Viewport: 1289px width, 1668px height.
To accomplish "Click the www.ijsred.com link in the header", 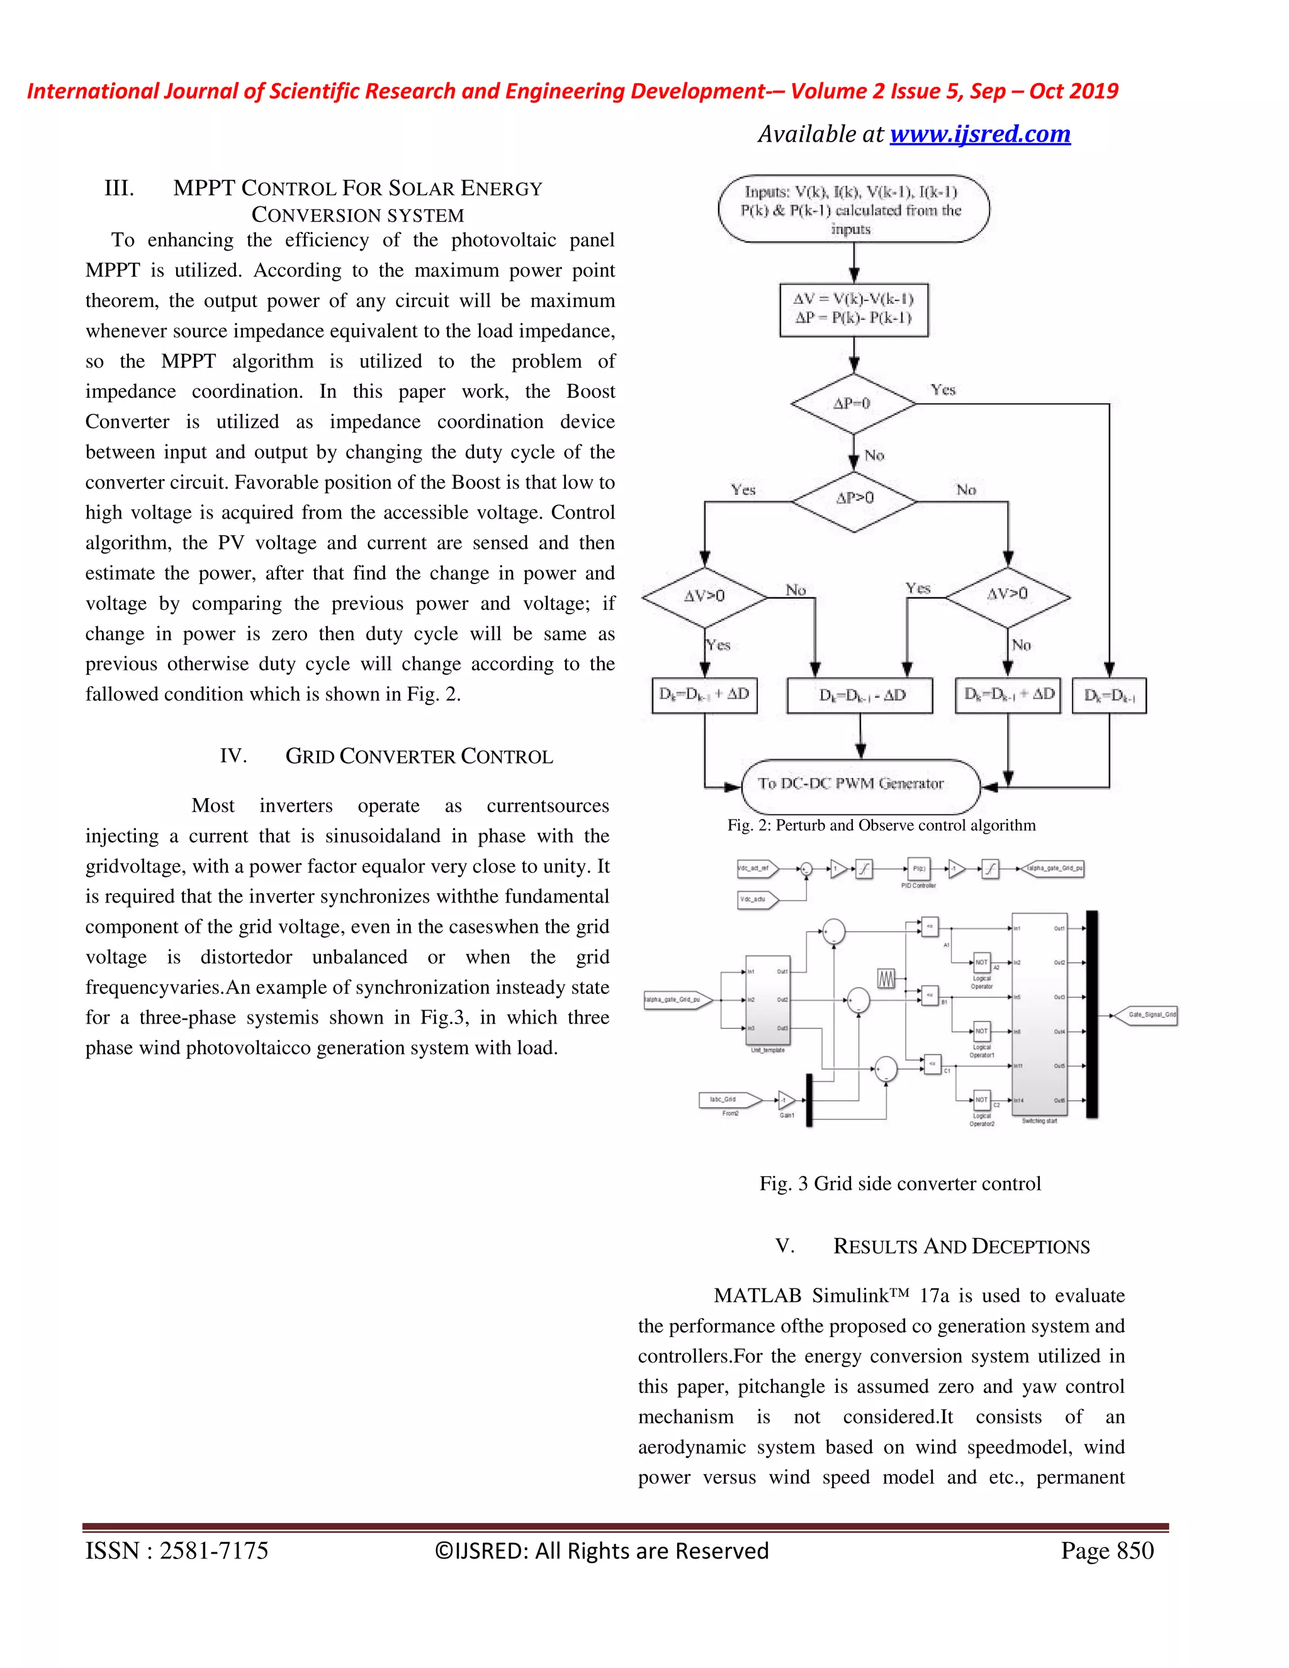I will click(980, 135).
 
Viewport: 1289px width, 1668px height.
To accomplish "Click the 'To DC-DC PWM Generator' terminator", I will click(860, 784).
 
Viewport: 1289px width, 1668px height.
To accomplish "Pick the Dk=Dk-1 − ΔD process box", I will click(860, 696).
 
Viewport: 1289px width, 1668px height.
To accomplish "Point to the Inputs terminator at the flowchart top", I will click(853, 209).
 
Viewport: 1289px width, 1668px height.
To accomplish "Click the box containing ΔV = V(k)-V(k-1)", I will click(853, 309).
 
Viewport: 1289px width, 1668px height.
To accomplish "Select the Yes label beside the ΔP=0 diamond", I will click(943, 390).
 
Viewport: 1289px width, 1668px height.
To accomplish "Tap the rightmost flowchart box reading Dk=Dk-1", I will click(1109, 696).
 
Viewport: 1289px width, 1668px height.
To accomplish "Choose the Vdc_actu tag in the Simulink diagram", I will click(755, 899).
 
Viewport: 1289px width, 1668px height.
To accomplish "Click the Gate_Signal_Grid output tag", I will click(1152, 1015).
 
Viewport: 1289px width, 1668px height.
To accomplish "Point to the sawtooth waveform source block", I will click(886, 978).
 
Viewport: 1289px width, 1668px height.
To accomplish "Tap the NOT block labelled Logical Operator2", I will click(981, 1100).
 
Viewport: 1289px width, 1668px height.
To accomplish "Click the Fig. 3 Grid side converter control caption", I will click(899, 1184).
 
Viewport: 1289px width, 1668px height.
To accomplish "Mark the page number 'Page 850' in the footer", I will click(1106, 1551).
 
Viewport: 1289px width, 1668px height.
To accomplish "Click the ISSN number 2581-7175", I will click(214, 1551).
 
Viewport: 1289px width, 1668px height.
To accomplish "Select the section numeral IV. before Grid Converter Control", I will click(233, 756).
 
